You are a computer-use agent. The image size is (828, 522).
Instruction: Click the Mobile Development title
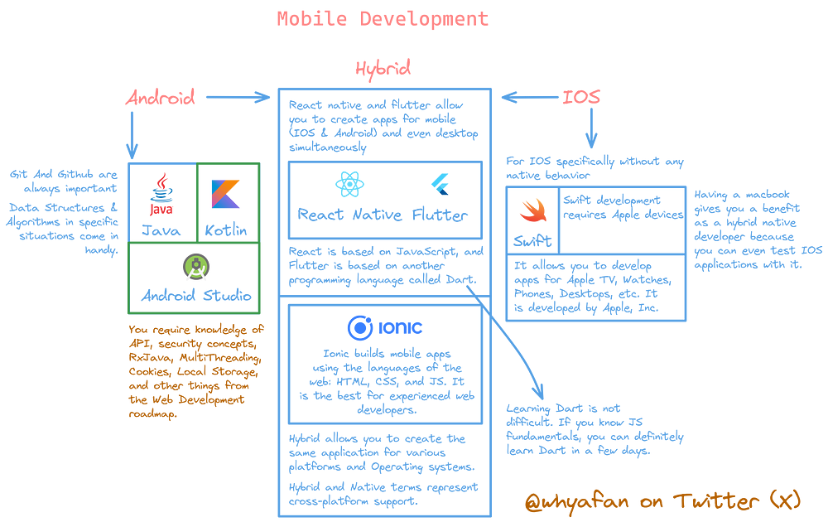[383, 18]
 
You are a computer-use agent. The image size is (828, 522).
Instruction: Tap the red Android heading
[160, 98]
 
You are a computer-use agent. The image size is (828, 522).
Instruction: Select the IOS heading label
[581, 98]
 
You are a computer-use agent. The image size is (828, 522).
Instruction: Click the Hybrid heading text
[383, 68]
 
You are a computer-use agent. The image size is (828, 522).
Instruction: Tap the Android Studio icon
[196, 267]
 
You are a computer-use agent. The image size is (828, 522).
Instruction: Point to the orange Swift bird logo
[531, 213]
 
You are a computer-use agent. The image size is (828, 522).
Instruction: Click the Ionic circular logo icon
[361, 326]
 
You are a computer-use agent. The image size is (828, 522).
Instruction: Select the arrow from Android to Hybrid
[238, 99]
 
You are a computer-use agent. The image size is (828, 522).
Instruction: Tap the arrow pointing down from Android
[131, 133]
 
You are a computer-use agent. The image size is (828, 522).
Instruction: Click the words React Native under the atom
[348, 215]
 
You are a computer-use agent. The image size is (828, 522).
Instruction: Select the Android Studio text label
[196, 296]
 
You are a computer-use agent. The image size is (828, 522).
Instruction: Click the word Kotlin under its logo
[225, 230]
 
